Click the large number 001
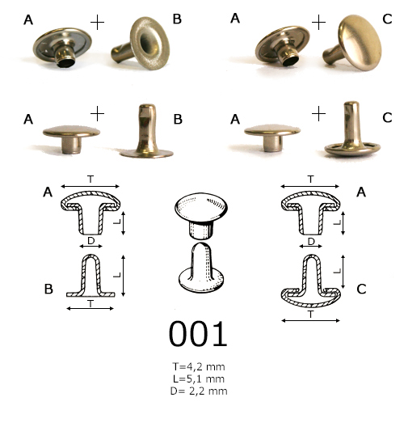pos(198,333)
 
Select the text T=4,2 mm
pos(199,366)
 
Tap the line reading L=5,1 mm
pos(199,378)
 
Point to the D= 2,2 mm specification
pos(199,391)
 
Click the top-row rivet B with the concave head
pos(141,43)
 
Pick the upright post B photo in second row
pos(146,131)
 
